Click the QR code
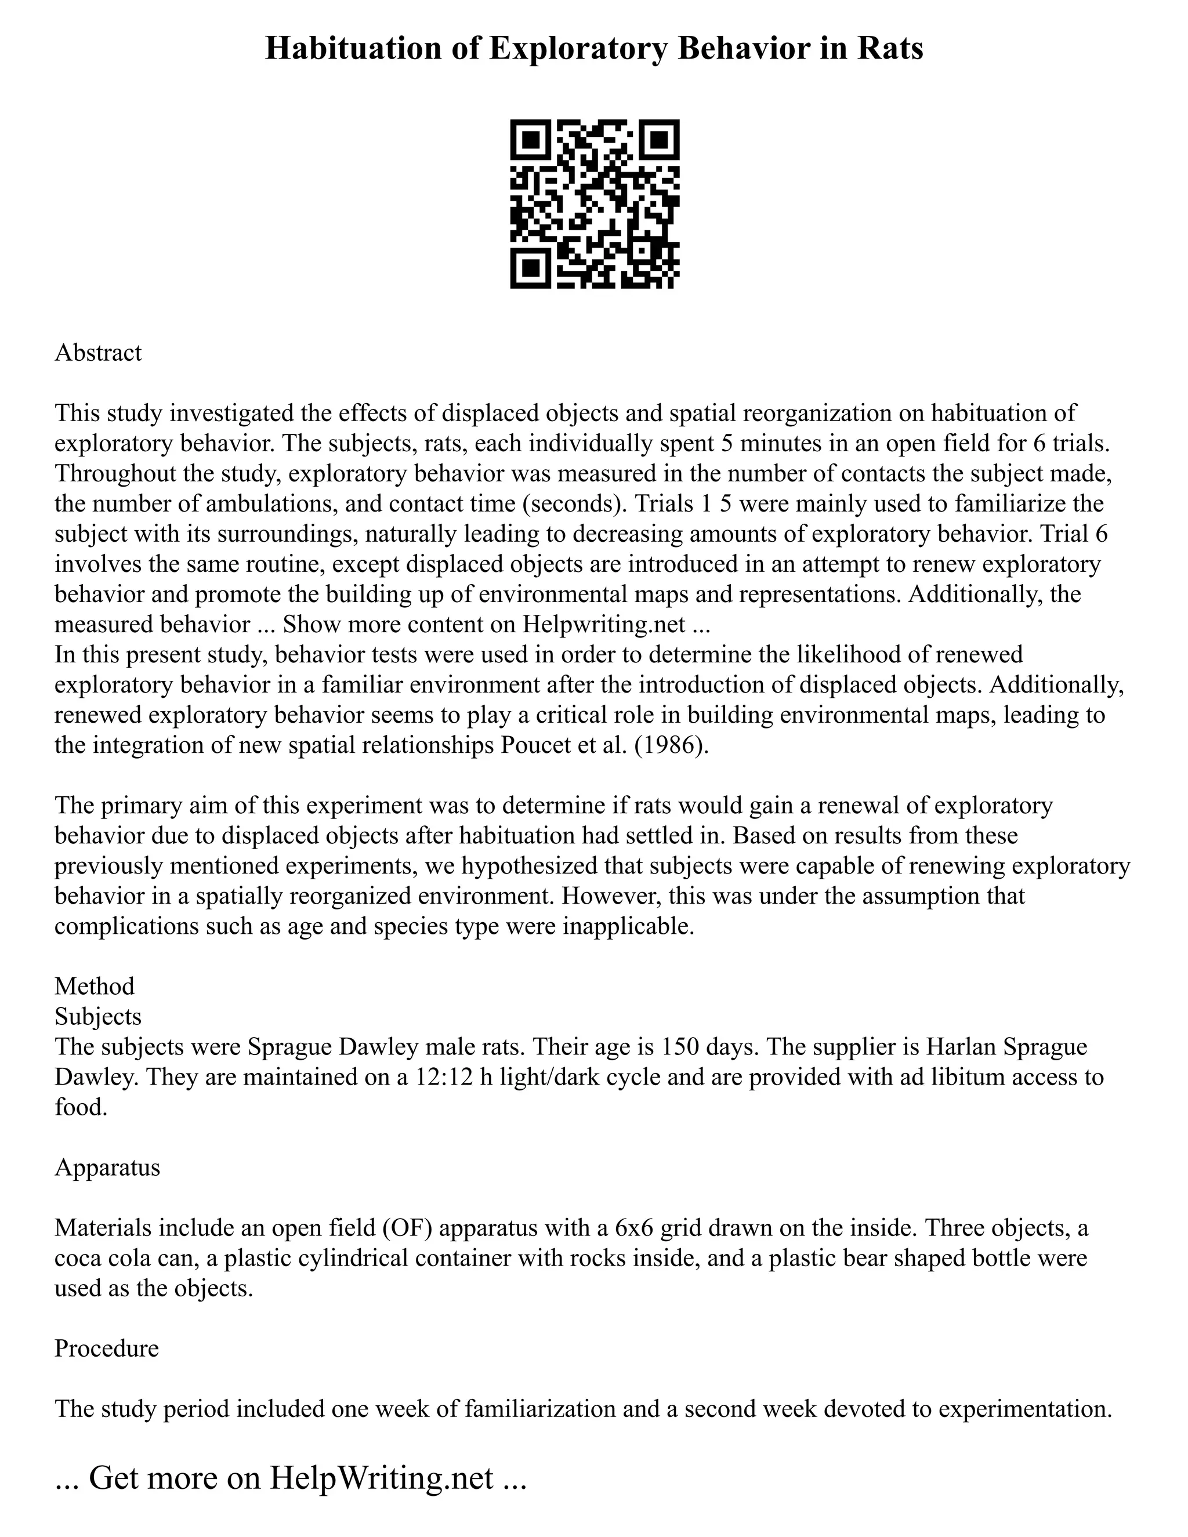[x=594, y=204]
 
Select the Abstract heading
[x=98, y=352]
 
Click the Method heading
[x=95, y=986]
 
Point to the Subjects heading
[x=98, y=1016]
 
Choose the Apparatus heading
[x=107, y=1167]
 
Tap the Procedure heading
[x=106, y=1348]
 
